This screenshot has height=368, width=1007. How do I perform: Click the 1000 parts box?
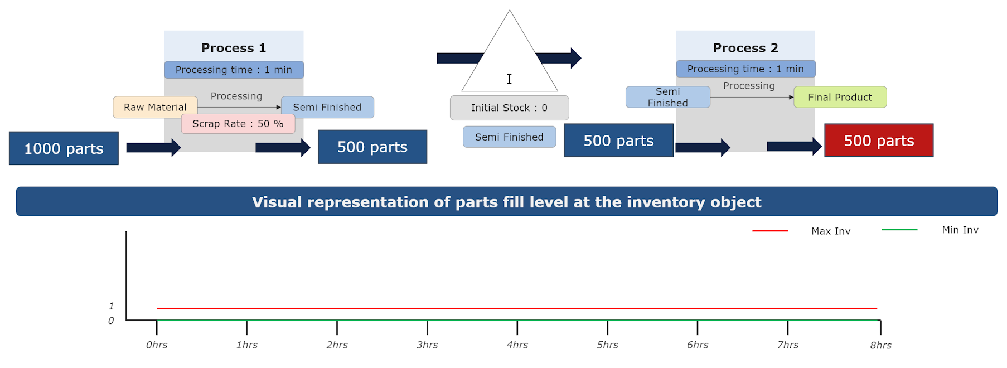(x=64, y=148)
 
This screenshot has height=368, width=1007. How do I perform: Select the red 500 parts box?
(x=879, y=141)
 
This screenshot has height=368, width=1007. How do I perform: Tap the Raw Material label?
(x=155, y=107)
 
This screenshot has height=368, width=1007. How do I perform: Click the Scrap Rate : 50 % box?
(x=238, y=124)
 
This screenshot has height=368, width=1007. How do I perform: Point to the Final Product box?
(x=840, y=97)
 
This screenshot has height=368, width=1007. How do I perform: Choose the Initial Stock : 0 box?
(x=509, y=108)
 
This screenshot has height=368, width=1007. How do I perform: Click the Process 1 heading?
(x=234, y=48)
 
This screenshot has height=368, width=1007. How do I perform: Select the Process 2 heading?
(x=745, y=48)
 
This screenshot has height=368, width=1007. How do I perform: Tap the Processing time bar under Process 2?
(x=745, y=69)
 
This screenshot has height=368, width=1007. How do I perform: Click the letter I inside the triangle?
(x=509, y=79)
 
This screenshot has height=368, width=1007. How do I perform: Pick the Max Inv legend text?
(x=831, y=231)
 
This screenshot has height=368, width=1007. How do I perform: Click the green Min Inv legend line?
(x=899, y=229)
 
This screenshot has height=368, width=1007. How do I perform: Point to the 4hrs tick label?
(x=517, y=345)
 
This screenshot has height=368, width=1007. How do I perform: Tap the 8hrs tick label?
(x=880, y=346)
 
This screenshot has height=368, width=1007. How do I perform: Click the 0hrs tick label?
(x=157, y=345)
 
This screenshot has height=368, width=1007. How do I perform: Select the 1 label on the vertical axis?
(x=112, y=306)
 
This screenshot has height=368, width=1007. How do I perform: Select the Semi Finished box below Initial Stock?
(x=509, y=137)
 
